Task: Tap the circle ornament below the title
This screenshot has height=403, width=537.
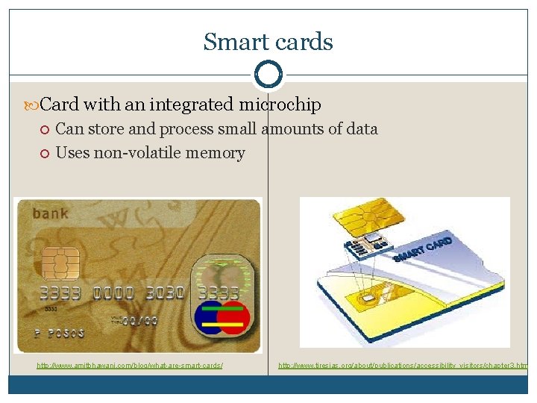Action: pos(268,75)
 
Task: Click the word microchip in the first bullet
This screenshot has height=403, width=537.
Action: pos(280,104)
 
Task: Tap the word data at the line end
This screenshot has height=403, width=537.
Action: pos(362,129)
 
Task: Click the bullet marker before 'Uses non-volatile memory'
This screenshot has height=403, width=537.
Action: pos(45,154)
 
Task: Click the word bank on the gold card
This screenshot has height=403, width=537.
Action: pos(50,214)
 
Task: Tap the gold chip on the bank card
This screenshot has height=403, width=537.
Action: pos(60,263)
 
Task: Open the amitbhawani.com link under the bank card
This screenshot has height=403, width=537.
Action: pos(130,365)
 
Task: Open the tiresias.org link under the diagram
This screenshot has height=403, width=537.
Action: pos(403,365)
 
